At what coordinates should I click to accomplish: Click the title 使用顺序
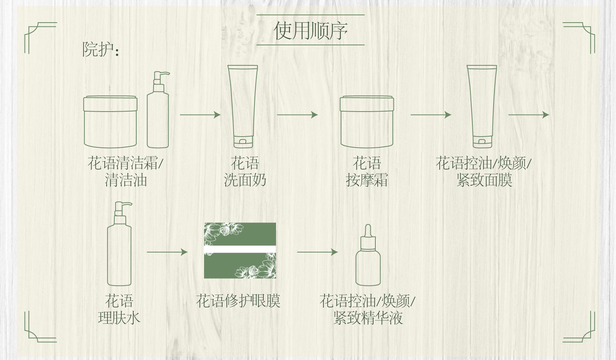[x=310, y=30]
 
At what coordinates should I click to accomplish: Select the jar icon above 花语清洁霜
[x=110, y=122]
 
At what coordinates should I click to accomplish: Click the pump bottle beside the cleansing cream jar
[x=158, y=110]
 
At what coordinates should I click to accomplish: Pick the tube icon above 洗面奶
[x=243, y=107]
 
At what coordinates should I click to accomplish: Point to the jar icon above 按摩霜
[x=367, y=122]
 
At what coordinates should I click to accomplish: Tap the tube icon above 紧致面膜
[x=482, y=107]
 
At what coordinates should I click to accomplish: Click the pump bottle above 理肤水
[x=119, y=244]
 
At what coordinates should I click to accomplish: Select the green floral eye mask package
[x=240, y=251]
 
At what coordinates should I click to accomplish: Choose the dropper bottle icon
[x=368, y=255]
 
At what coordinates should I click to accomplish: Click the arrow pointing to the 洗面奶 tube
[x=200, y=115]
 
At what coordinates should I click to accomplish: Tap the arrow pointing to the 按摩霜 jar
[x=297, y=115]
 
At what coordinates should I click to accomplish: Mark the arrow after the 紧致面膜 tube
[x=529, y=115]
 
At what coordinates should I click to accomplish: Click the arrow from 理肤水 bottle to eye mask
[x=167, y=252]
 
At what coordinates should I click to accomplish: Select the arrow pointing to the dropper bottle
[x=317, y=252]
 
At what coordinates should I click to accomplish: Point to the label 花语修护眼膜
[x=238, y=301]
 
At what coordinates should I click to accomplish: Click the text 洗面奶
[x=245, y=181]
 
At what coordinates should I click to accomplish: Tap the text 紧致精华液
[x=368, y=318]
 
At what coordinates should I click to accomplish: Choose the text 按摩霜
[x=367, y=181]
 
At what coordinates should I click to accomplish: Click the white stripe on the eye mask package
[x=240, y=249]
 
